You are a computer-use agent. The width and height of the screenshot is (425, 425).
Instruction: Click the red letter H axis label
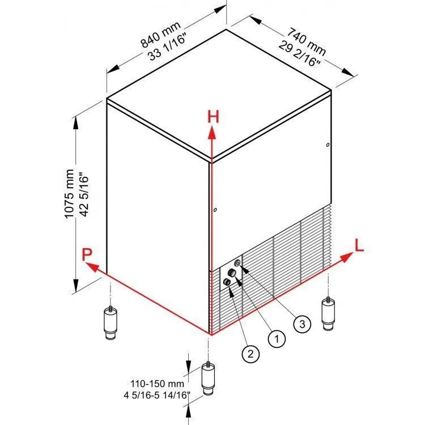(213, 117)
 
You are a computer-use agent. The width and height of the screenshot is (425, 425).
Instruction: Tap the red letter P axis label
(87, 255)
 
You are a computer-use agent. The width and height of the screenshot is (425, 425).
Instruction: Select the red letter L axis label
(359, 245)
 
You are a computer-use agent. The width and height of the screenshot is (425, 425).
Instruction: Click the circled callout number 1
(277, 339)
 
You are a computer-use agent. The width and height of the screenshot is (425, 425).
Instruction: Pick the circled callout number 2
(250, 354)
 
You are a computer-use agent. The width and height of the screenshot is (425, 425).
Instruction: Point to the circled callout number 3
(302, 324)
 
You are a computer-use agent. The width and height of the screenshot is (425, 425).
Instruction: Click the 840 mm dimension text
(160, 34)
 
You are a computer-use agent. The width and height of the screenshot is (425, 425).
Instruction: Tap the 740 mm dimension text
(306, 41)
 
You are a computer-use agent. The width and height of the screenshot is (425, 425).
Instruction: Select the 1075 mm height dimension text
(69, 194)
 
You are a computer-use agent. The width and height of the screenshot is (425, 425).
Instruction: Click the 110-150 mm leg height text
(157, 384)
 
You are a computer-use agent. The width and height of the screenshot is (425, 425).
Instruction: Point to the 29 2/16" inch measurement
(299, 54)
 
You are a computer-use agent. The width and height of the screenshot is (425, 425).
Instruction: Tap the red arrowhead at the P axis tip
(92, 267)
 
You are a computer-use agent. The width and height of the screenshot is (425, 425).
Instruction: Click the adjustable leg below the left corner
(110, 322)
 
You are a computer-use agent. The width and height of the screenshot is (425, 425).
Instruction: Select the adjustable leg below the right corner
(328, 314)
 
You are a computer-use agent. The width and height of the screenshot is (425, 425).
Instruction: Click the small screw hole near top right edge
(328, 145)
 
